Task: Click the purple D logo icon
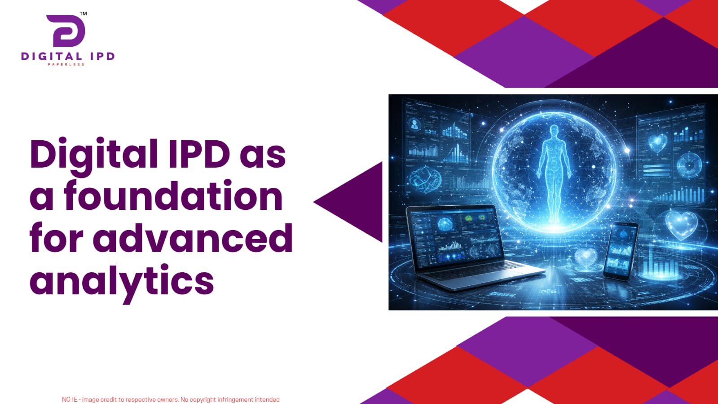click(x=66, y=31)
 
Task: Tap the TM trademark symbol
click(x=83, y=13)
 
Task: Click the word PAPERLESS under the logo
click(x=66, y=65)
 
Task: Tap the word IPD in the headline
click(x=199, y=153)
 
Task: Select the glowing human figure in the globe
click(x=554, y=174)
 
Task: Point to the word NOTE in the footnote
click(x=70, y=400)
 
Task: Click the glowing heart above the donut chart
click(x=658, y=142)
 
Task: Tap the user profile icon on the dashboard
click(x=415, y=124)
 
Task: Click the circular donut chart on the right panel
click(x=689, y=165)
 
